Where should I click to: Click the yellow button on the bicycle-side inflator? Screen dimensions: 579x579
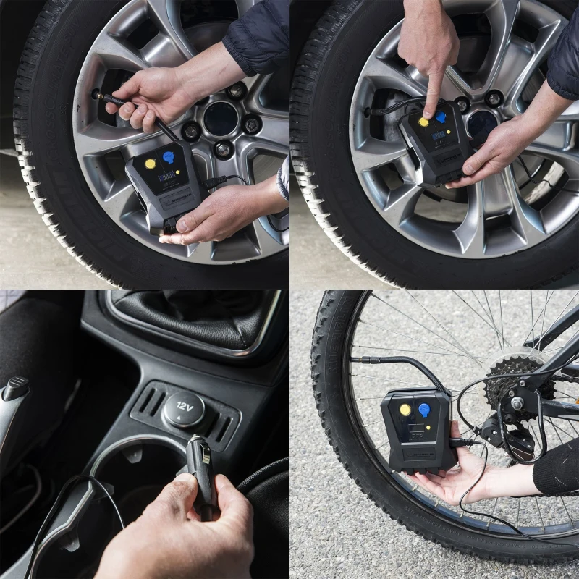405,410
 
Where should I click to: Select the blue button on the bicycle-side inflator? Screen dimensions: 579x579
425,410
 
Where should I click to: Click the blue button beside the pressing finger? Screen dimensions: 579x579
440,117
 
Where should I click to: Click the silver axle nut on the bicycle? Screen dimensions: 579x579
518,402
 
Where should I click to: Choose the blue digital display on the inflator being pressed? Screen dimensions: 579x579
438,135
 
